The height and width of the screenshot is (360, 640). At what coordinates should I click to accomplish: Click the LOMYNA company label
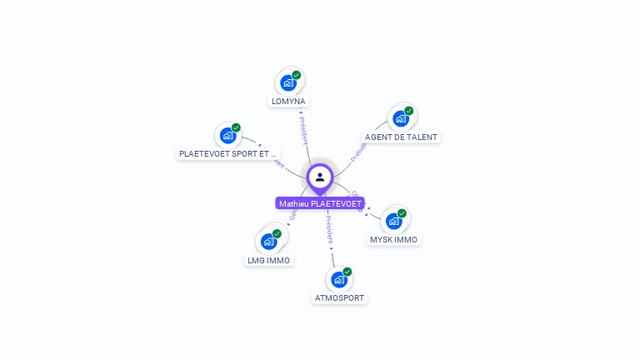pos(288,102)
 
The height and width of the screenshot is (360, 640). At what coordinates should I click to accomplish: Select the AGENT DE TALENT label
pos(401,137)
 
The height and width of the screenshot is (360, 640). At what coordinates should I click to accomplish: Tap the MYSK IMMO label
pos(394,240)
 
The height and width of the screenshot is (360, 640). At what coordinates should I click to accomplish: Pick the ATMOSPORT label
pos(339,297)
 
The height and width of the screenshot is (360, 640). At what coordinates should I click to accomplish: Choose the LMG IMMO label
pos(268,260)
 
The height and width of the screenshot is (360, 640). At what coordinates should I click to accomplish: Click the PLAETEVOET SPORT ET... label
pos(227,154)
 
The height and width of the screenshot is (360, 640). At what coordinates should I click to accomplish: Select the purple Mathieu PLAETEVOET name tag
pos(320,203)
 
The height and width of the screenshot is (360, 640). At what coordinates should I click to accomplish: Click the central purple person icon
pos(320,177)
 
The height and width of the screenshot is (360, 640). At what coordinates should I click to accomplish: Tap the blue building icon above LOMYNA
pos(287,82)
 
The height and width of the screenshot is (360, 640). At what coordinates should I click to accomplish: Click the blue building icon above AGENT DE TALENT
pos(401,118)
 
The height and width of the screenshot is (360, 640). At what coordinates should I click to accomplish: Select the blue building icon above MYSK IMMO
pos(393,221)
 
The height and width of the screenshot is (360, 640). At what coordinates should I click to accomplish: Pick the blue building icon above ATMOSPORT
pos(338,279)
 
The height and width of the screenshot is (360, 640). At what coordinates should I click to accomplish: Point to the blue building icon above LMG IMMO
pos(268,242)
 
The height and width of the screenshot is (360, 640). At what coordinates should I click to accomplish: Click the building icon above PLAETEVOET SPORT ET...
pos(227,135)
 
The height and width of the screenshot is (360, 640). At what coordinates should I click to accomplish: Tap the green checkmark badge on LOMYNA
pos(297,75)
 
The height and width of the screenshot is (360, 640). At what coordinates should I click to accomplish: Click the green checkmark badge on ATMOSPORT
pos(347,272)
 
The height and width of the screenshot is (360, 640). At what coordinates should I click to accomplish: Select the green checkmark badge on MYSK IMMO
pos(402,213)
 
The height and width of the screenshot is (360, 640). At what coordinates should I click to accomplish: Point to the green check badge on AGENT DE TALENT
pos(410,111)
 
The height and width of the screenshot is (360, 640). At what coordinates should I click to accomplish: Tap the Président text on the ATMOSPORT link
pos(330,230)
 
